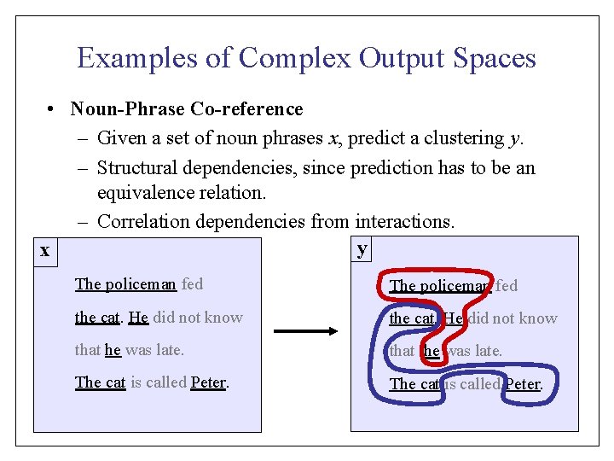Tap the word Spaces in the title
pos(494,58)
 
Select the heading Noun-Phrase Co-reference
pos(187,109)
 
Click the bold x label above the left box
pos(44,250)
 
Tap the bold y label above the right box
pos(362,248)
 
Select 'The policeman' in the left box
pos(125,284)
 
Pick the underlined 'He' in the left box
pos(138,318)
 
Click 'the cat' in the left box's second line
pos(96,318)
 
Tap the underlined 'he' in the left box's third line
pos(113,350)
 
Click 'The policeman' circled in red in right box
pos(440,286)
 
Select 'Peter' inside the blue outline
pos(523,384)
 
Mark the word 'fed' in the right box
pos(507,286)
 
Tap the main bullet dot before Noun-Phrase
pos(52,109)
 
